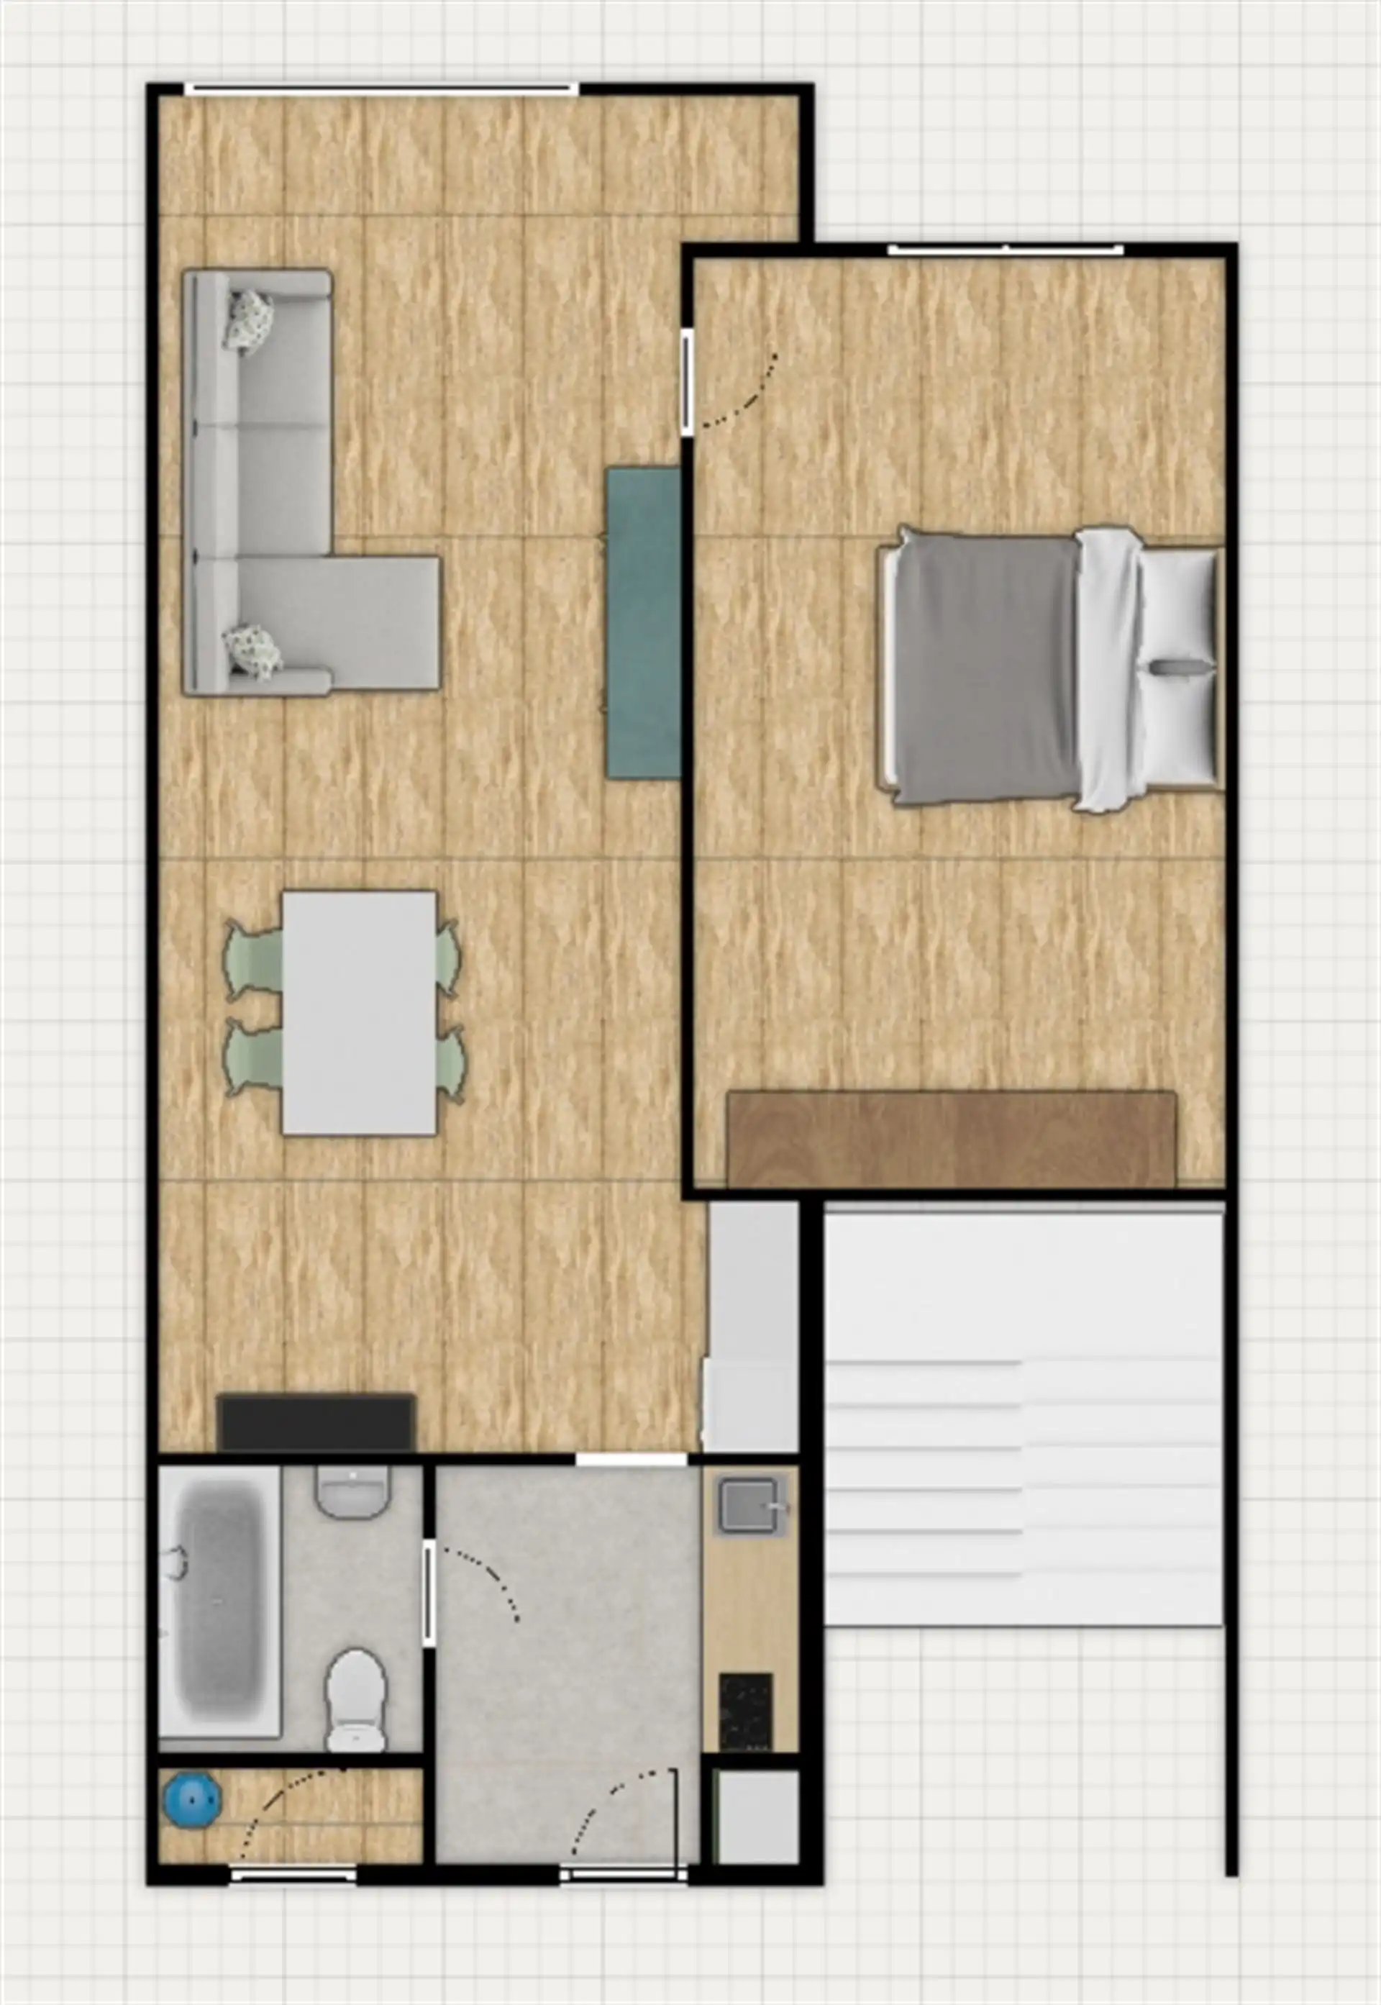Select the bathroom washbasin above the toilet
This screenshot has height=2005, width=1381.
tap(352, 1492)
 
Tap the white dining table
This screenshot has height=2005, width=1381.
tap(359, 1011)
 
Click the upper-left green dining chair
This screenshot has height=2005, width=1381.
tap(252, 960)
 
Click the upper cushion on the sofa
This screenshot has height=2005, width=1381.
tap(249, 320)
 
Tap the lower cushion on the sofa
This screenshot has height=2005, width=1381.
tap(252, 651)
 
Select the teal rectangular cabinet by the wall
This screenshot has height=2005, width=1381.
tap(643, 622)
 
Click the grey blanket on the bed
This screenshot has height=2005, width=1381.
tap(985, 669)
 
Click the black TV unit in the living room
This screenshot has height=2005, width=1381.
tap(316, 1421)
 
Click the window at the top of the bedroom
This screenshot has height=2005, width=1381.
tap(1006, 250)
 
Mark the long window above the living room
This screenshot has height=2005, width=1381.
tap(380, 88)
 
